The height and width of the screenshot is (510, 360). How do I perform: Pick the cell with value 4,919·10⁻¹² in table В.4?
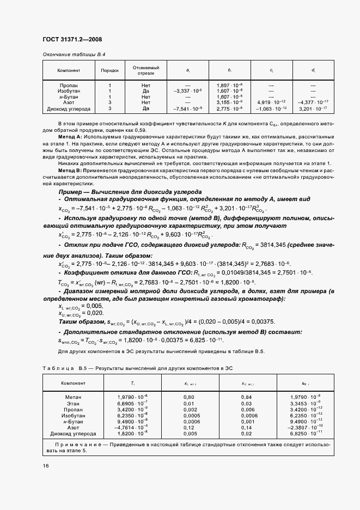pyautogui.click(x=271, y=102)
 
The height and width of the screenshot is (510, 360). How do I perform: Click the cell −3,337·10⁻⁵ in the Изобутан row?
pyautogui.click(x=187, y=91)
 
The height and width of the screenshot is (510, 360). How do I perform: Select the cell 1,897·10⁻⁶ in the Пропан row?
pyautogui.click(x=229, y=86)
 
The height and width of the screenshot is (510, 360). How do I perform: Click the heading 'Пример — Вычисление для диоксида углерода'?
pyautogui.click(x=130, y=192)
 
